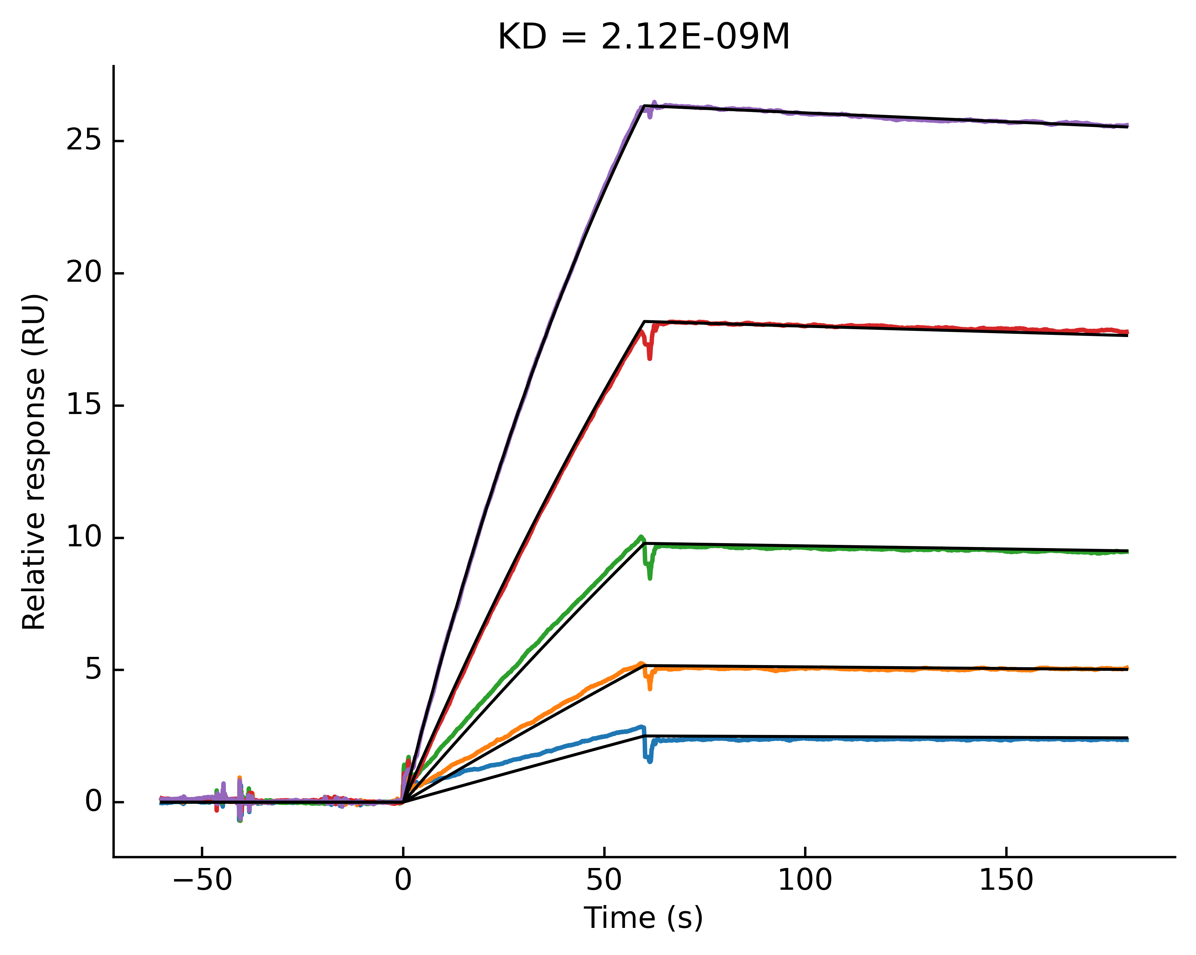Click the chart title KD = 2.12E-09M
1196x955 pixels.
pyautogui.click(x=643, y=38)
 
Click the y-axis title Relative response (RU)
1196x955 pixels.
pyautogui.click(x=34, y=461)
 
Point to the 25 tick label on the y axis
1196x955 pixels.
pyautogui.click(x=83, y=141)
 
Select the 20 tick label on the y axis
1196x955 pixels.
pyautogui.click(x=83, y=274)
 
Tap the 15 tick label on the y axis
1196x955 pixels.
pyautogui.click(x=83, y=405)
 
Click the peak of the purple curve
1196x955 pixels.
pyautogui.click(x=655, y=103)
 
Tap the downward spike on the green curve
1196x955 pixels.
pyautogui.click(x=650, y=577)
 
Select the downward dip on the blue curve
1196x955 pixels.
pyautogui.click(x=650, y=760)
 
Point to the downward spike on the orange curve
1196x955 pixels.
pyautogui.click(x=650, y=688)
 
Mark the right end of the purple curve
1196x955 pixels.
pyautogui.click(x=1127, y=125)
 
